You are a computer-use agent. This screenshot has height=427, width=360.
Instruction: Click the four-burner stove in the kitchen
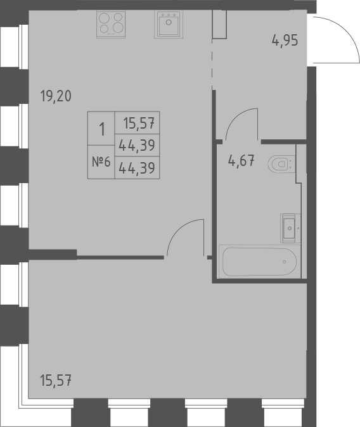tap(111, 24)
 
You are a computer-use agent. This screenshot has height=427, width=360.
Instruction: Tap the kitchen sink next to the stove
tap(168, 24)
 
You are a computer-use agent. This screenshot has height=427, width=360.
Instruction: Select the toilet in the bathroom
tap(280, 164)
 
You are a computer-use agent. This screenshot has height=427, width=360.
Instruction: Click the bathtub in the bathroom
tap(259, 261)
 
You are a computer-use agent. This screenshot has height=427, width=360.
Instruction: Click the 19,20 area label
tap(56, 96)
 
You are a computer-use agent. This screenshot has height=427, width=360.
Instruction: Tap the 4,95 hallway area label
tap(285, 42)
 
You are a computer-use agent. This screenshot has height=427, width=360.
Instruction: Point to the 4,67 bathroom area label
tap(241, 160)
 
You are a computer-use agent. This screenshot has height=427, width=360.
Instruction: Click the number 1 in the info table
tap(101, 129)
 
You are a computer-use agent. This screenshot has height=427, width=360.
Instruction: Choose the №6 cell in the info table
tap(101, 162)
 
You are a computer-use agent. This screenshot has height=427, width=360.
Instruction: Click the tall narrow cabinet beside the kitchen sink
tap(219, 23)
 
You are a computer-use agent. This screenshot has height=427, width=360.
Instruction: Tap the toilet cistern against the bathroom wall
tap(293, 163)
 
